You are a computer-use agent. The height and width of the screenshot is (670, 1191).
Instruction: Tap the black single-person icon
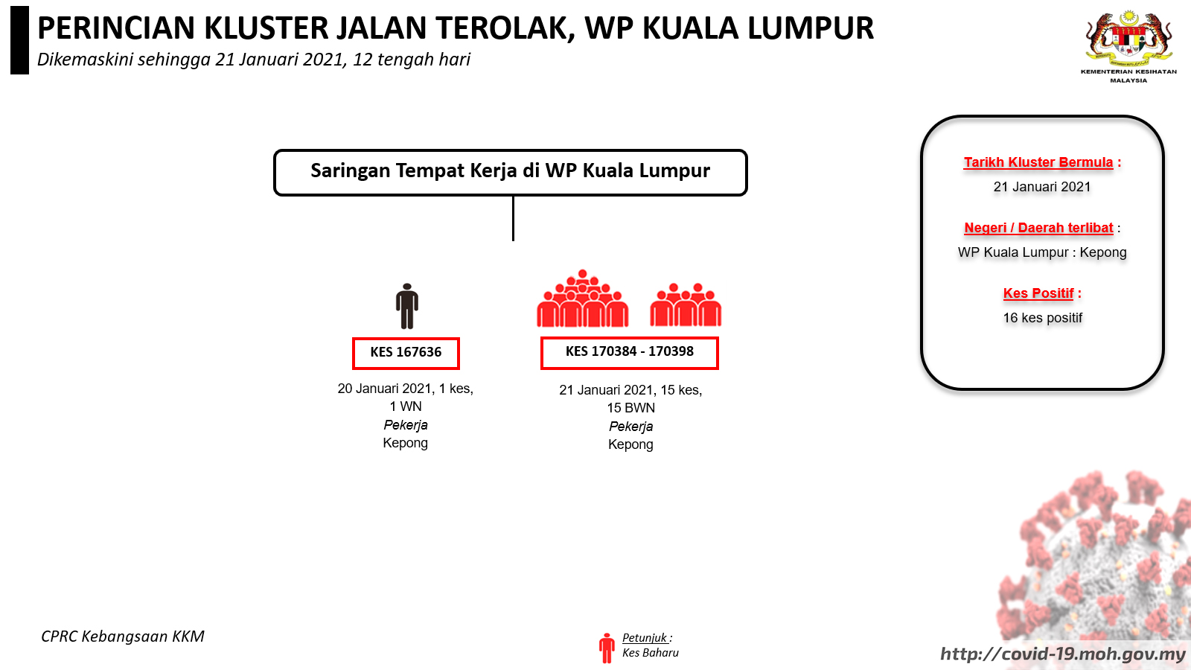[x=406, y=306]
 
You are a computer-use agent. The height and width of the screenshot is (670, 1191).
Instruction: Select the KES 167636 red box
[x=406, y=353]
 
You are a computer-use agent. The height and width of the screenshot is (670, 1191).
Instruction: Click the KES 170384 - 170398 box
[x=630, y=353]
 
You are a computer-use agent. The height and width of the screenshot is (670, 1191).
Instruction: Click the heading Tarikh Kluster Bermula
[x=1038, y=162]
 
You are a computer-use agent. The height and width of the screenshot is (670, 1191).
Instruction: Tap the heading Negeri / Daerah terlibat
[x=1038, y=228]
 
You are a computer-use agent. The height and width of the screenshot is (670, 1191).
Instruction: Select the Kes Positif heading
[x=1038, y=293]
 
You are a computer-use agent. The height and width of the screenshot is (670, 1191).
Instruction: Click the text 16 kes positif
[x=1042, y=318]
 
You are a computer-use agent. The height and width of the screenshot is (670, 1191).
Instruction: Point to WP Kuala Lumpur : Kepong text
[x=1042, y=252]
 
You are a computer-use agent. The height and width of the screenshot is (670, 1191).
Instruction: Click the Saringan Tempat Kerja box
[x=511, y=172]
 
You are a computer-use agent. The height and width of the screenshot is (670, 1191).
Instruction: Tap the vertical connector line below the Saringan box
[x=513, y=219]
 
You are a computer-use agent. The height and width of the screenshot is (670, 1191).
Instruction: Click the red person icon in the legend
[x=607, y=648]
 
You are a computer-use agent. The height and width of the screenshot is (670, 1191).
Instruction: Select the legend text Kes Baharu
[x=651, y=652]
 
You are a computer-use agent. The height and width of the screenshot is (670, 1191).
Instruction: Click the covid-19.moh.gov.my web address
[x=1064, y=654]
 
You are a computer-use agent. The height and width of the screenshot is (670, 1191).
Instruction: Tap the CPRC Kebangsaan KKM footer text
[x=123, y=636]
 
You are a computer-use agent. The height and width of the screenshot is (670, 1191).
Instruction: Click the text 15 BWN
[x=630, y=408]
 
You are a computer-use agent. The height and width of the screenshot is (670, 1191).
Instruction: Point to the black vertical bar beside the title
[x=19, y=40]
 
